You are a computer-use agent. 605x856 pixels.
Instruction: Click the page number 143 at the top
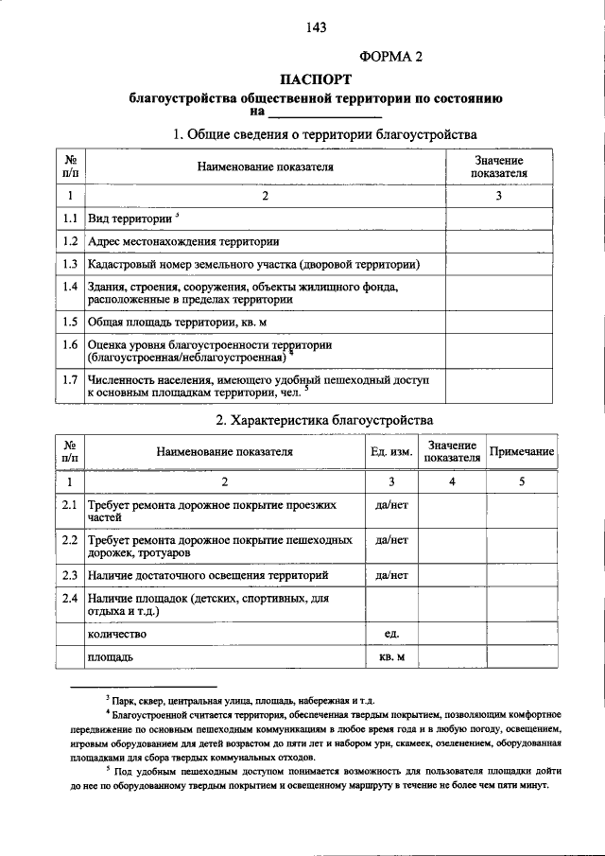click(316, 27)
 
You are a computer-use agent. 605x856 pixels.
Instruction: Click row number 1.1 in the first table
click(69, 218)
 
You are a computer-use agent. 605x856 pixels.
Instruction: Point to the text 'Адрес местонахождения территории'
click(183, 241)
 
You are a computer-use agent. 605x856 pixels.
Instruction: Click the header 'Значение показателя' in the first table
click(498, 167)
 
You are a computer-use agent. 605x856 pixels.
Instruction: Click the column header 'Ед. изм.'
click(390, 452)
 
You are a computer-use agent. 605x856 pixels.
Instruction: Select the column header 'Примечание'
click(521, 452)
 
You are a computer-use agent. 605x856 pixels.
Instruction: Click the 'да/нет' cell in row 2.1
click(390, 506)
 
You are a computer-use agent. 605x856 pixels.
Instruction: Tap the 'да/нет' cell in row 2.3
click(390, 574)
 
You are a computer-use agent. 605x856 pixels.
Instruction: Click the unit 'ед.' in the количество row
click(390, 633)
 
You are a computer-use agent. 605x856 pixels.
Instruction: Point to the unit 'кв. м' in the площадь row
click(390, 655)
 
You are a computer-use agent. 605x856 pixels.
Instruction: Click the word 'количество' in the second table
click(117, 633)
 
